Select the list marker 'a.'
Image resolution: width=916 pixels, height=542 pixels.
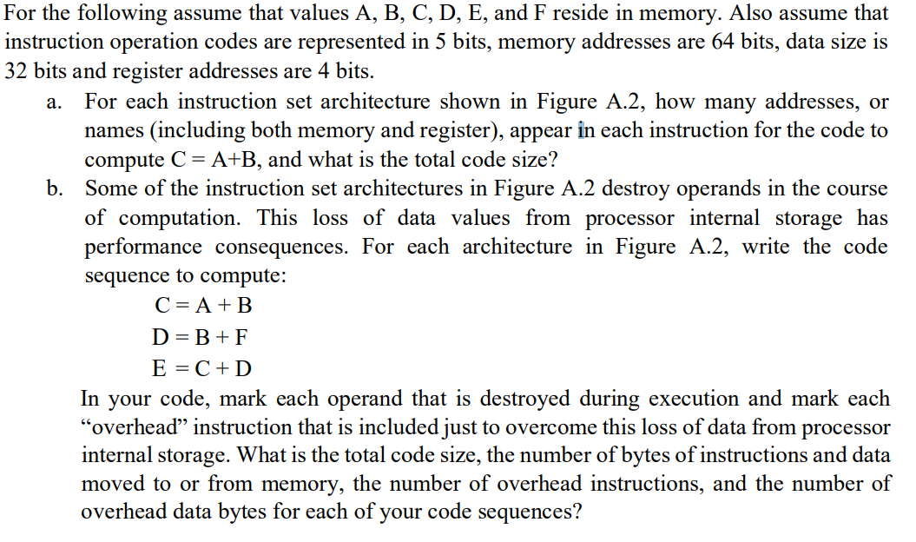(x=54, y=102)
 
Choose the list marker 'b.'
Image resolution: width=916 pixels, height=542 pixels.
(x=54, y=188)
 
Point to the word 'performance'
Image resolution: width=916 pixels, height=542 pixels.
(x=144, y=247)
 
